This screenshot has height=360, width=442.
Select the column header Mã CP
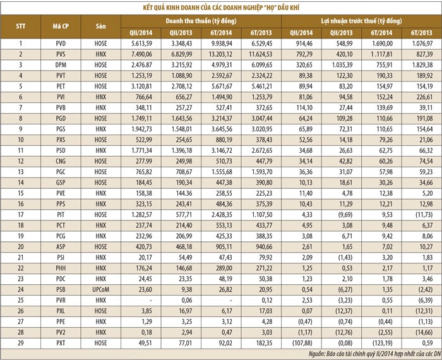pos(61,27)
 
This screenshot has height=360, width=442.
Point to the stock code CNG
pos(61,160)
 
